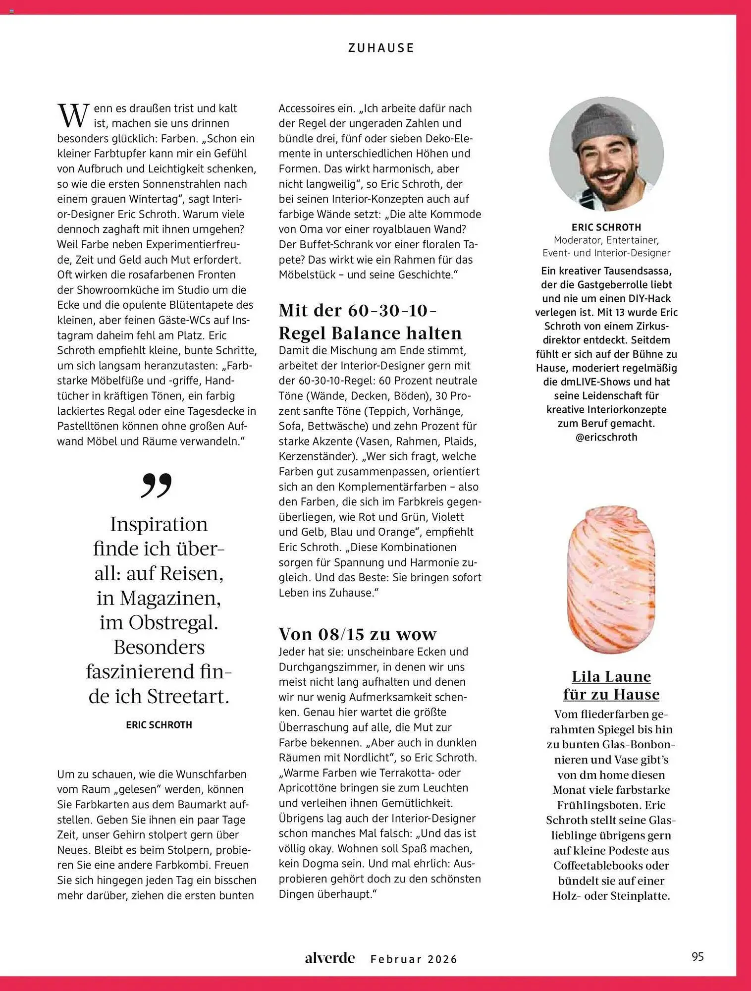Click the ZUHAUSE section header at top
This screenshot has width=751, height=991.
(x=380, y=48)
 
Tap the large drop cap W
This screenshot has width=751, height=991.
(x=74, y=116)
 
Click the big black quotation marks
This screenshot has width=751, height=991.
(x=157, y=485)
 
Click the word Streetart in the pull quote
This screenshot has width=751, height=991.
(x=188, y=697)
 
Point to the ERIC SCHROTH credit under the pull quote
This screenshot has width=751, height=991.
(x=159, y=725)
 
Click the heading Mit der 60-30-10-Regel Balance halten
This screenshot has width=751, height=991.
(x=370, y=322)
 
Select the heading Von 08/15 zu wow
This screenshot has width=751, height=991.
(x=358, y=634)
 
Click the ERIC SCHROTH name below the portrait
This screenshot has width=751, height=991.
(x=606, y=227)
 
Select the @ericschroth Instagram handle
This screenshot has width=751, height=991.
(x=606, y=437)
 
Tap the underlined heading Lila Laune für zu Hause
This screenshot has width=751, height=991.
(x=611, y=685)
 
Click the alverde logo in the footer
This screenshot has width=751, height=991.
(x=330, y=958)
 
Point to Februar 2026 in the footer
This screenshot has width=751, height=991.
(x=414, y=959)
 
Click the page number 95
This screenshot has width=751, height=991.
(x=697, y=957)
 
